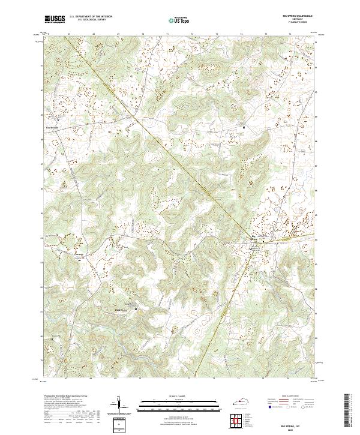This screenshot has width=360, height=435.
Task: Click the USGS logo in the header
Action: (x=56, y=20)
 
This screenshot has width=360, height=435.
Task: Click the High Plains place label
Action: (x=121, y=310)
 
